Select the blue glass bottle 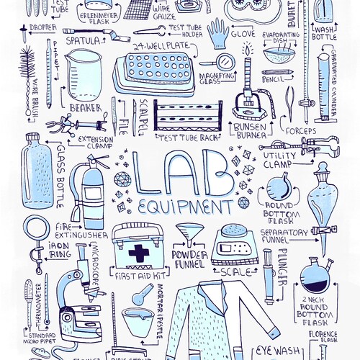click(x=35, y=166)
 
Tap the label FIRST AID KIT click(x=137, y=276)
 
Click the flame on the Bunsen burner click(x=247, y=50)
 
